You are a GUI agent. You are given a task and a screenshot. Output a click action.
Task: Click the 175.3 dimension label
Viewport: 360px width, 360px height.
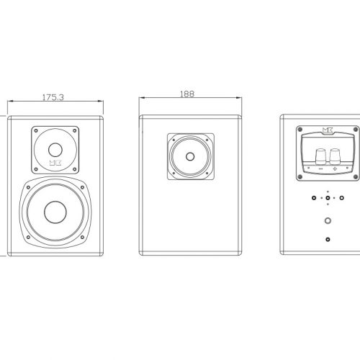click(53, 97)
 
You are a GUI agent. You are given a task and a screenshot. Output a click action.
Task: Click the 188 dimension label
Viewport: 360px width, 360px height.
click(187, 94)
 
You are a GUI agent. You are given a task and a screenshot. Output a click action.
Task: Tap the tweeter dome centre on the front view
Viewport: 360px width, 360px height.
click(55, 150)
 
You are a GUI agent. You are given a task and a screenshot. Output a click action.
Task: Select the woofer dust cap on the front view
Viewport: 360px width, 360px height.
click(55, 212)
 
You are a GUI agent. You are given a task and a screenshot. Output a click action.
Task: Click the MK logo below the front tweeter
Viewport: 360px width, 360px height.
click(55, 163)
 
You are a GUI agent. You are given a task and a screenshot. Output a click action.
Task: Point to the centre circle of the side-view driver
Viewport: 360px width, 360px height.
click(190, 156)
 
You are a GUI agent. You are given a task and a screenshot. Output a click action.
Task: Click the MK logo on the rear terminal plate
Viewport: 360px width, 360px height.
click(328, 130)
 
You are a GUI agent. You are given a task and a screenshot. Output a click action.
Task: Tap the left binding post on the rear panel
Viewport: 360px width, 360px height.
click(320, 156)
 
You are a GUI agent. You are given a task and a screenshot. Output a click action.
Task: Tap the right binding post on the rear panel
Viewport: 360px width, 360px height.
click(335, 156)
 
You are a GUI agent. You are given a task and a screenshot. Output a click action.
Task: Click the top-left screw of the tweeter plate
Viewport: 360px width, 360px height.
click(36, 131)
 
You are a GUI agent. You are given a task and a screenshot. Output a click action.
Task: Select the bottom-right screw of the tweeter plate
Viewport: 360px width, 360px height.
click(74, 169)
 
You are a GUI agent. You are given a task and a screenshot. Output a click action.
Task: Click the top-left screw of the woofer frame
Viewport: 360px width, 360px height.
click(28, 187)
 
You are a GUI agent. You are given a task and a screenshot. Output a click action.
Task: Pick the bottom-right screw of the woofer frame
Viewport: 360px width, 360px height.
click(82, 237)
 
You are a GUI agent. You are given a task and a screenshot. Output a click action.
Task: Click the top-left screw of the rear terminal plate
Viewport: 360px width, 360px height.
click(300, 130)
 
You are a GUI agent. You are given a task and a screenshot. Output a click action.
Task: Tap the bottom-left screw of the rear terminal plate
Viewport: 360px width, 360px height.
click(300, 177)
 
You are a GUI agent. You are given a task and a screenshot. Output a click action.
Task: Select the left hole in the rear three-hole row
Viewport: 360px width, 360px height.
click(314, 198)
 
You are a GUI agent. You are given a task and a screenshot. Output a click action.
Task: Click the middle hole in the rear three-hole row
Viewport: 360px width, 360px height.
click(328, 198)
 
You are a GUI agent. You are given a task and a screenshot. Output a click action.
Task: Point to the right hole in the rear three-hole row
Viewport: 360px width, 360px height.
click(341, 198)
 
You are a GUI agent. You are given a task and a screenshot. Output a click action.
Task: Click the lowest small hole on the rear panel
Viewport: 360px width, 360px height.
click(328, 239)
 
